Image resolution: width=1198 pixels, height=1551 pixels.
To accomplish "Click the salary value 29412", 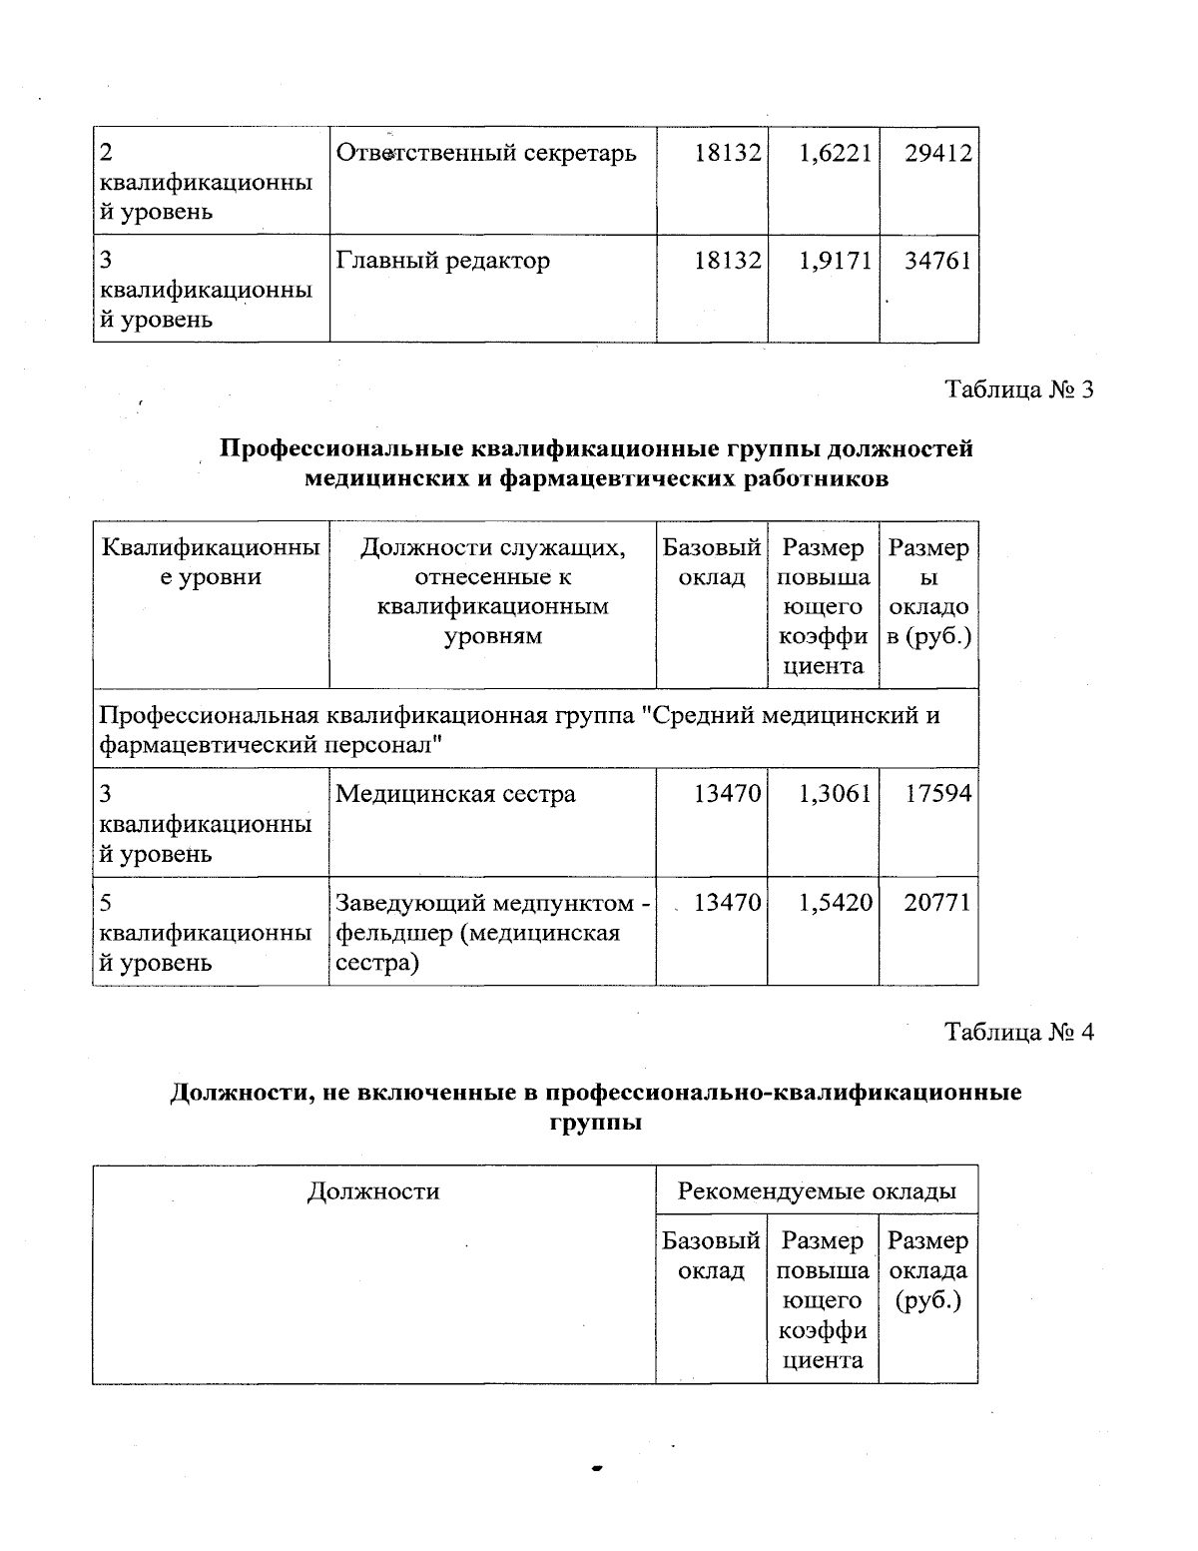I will coord(938,154).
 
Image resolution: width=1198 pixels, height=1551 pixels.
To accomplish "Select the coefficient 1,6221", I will coord(835,154).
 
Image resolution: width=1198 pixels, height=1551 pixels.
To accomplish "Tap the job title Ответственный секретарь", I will coord(485,154).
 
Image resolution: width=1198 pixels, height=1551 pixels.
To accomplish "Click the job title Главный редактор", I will coord(442,262).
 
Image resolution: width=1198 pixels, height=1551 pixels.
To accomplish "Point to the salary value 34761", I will coord(938,262).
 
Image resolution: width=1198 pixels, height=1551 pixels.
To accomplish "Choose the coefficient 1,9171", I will coord(835,262).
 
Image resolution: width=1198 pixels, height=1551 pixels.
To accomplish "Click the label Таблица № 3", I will coord(1019,389).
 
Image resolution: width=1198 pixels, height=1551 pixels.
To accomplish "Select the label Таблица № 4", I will coord(1019,1033).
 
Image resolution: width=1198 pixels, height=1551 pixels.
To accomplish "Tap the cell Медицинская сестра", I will coord(455,795).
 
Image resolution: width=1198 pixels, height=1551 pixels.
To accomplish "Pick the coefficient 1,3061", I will coord(835,795).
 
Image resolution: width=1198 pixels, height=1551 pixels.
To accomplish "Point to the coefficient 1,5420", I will coord(835,903).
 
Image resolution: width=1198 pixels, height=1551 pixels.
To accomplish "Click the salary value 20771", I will coord(938,903).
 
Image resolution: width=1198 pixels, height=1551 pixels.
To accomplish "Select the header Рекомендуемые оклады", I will coord(817,1191).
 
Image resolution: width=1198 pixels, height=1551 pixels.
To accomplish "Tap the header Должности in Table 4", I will coord(373,1191).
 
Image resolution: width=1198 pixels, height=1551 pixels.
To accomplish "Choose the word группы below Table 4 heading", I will coord(595,1123).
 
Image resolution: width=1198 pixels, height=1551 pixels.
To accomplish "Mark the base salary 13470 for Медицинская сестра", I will coord(728,795).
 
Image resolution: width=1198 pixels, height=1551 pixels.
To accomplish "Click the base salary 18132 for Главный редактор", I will coord(728,262).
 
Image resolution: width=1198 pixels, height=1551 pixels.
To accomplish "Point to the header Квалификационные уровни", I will coord(212,563).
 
